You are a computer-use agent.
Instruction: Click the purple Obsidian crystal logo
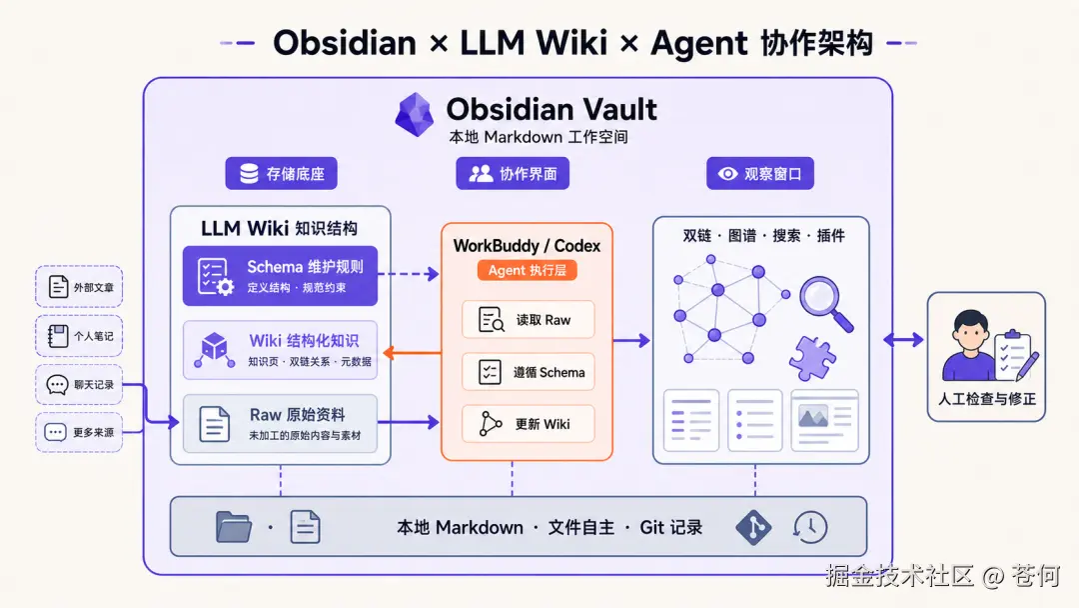pyautogui.click(x=415, y=114)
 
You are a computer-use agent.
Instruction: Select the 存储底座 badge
pyautogui.click(x=282, y=174)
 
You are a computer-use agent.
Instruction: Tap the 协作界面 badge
pyautogui.click(x=513, y=174)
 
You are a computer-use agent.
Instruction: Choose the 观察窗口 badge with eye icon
pyautogui.click(x=759, y=174)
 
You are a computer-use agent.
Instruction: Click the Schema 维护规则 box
pyautogui.click(x=280, y=275)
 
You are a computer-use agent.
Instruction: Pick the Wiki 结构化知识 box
pyautogui.click(x=280, y=350)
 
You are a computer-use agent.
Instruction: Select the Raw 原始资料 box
pyautogui.click(x=280, y=423)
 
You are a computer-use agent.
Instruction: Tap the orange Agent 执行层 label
pyautogui.click(x=528, y=271)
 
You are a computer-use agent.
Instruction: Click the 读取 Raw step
pyautogui.click(x=528, y=319)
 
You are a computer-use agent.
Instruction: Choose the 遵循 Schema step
pyautogui.click(x=528, y=372)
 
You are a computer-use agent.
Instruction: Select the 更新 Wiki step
pyautogui.click(x=528, y=423)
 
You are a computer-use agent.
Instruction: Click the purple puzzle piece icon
pyautogui.click(x=812, y=358)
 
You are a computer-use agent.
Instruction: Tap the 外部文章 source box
pyautogui.click(x=79, y=286)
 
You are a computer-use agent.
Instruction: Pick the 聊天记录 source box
pyautogui.click(x=79, y=384)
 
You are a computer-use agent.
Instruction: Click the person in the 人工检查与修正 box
pyautogui.click(x=969, y=345)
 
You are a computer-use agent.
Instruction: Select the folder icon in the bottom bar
pyautogui.click(x=234, y=527)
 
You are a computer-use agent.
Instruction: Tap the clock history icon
pyautogui.click(x=810, y=527)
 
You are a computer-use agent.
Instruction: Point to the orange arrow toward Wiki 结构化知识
pyautogui.click(x=413, y=353)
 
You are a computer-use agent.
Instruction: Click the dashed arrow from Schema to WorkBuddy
pyautogui.click(x=409, y=274)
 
